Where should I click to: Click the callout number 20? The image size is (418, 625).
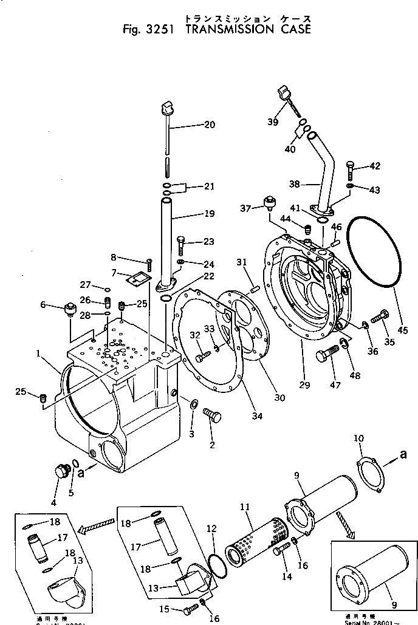coord(210,126)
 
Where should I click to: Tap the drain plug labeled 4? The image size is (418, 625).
coord(60,472)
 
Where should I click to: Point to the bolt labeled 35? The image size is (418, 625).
coord(380,316)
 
